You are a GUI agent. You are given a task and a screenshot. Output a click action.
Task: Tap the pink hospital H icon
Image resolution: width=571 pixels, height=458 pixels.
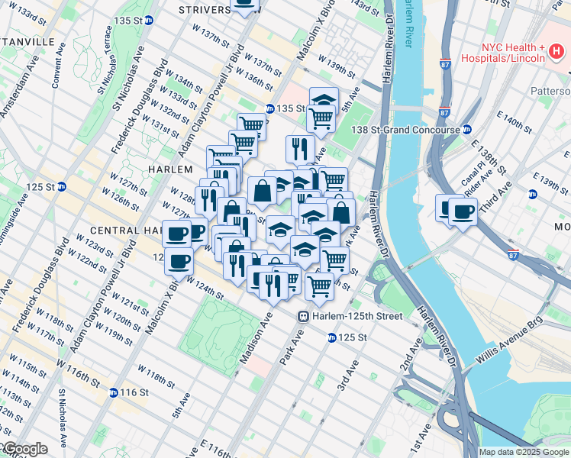pos(556,52)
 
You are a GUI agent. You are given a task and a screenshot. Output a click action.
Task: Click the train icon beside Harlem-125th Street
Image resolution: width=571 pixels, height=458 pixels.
pos(303,316)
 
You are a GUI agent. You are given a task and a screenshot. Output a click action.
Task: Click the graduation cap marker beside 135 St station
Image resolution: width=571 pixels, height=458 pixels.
pos(324,100)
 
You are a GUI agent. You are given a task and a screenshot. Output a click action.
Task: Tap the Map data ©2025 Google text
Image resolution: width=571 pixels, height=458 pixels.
pos(524,452)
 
